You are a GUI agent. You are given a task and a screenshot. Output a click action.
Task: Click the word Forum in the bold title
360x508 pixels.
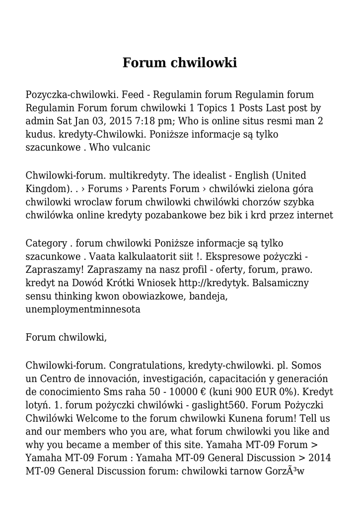click(144, 63)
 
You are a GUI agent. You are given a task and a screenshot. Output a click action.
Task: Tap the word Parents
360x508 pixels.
click(149, 189)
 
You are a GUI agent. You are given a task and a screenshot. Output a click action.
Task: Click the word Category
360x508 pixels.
click(46, 244)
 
